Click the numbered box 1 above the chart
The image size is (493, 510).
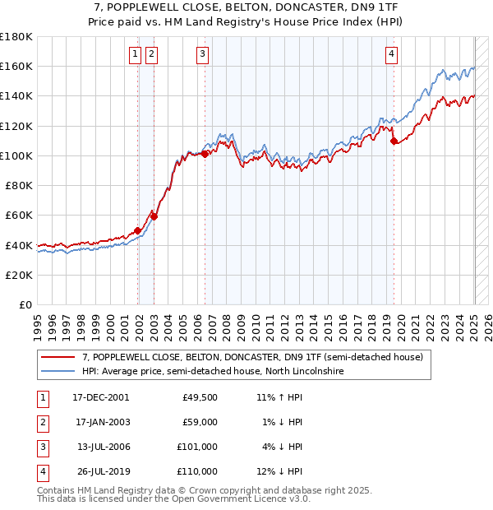[x=135, y=55]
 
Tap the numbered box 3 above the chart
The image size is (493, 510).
[x=202, y=55]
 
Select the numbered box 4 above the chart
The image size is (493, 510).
[x=392, y=55]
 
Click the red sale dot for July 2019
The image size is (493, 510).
[x=394, y=141]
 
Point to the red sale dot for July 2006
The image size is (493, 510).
[x=204, y=154]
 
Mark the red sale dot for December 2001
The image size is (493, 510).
[x=137, y=230]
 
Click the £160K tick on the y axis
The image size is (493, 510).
[x=18, y=67]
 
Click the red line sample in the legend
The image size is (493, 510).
[x=58, y=358]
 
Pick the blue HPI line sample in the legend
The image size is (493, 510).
[x=58, y=372]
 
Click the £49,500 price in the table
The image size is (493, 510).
[x=200, y=397]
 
